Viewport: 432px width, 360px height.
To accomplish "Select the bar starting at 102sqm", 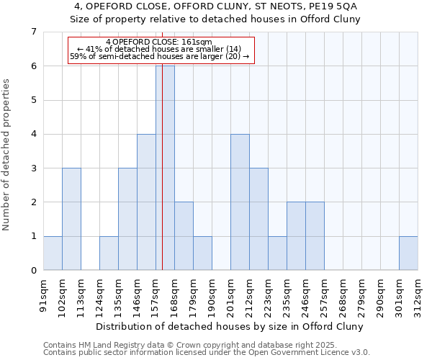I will (71, 219).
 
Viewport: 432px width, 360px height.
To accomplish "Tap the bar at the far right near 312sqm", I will (408, 253).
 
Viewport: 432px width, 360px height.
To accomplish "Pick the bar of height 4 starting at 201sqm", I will (240, 202).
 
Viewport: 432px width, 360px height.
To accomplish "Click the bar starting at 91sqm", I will (53, 253).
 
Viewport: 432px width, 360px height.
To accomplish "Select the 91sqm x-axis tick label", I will (43, 294).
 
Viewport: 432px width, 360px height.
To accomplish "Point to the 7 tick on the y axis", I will (33, 32).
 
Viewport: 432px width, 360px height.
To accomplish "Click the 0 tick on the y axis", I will (33, 271).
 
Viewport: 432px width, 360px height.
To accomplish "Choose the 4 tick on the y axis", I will (33, 134).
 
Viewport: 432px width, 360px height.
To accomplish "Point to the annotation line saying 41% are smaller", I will (160, 49).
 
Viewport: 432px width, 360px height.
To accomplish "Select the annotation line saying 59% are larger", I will (160, 56).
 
